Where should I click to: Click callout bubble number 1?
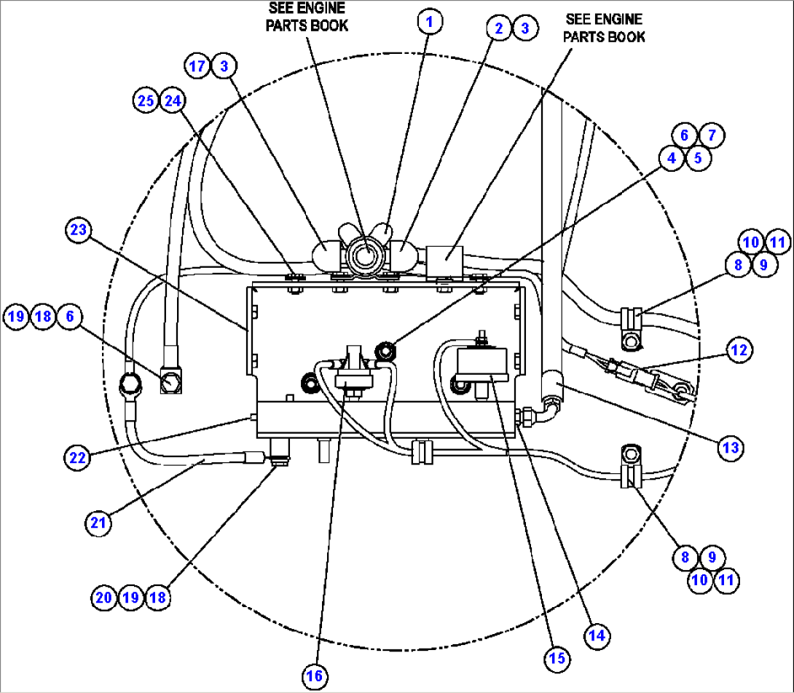[x=430, y=22]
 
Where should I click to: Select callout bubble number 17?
[x=197, y=66]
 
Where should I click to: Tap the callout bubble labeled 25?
[x=146, y=100]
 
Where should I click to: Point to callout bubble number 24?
[x=173, y=100]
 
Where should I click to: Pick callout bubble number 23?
[x=78, y=231]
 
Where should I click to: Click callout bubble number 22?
[x=77, y=457]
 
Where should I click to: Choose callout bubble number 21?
[x=98, y=522]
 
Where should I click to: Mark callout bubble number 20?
[x=105, y=598]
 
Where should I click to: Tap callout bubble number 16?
[x=314, y=676]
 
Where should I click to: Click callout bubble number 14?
[x=597, y=635]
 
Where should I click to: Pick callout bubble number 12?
[x=739, y=350]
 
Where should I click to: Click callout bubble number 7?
[x=712, y=135]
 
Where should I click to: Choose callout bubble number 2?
[x=499, y=28]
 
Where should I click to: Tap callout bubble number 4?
[x=672, y=157]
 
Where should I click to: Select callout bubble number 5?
[x=697, y=157]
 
